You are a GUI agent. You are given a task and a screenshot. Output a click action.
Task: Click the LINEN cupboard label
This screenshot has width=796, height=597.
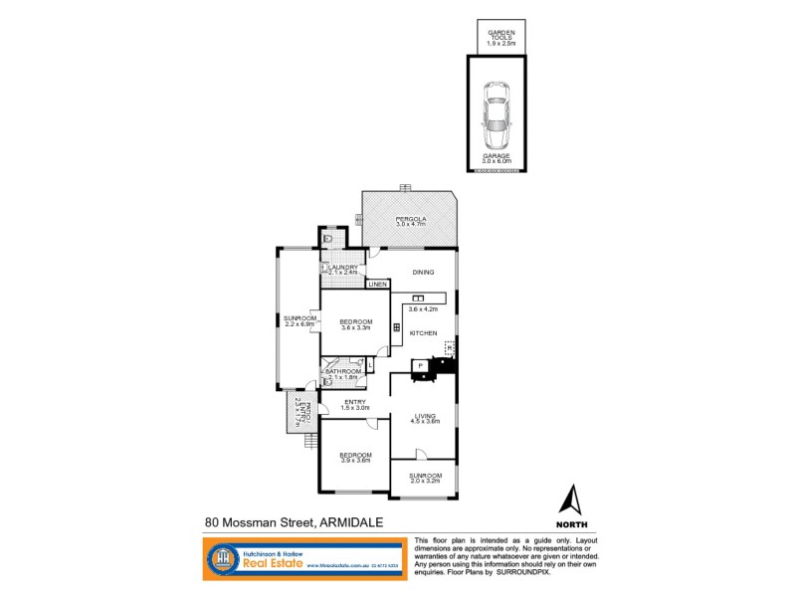[x=377, y=286]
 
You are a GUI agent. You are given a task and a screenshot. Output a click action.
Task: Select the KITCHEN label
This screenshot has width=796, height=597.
[x=424, y=332]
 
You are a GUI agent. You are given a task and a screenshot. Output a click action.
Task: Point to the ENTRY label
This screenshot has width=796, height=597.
[x=355, y=402]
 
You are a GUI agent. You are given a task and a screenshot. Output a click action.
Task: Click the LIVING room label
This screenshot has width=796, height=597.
[x=427, y=416]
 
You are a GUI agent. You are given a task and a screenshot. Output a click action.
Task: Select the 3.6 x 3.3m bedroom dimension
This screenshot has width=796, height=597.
[x=355, y=328]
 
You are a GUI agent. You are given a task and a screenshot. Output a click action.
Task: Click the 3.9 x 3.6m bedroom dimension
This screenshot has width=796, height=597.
[x=355, y=460]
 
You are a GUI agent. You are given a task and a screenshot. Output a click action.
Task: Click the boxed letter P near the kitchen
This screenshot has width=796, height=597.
[x=420, y=365]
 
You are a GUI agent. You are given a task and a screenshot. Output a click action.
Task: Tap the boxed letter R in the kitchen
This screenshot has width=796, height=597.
[x=449, y=347]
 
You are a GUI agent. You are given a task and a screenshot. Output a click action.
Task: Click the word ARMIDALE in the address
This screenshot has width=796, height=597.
[x=355, y=521]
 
